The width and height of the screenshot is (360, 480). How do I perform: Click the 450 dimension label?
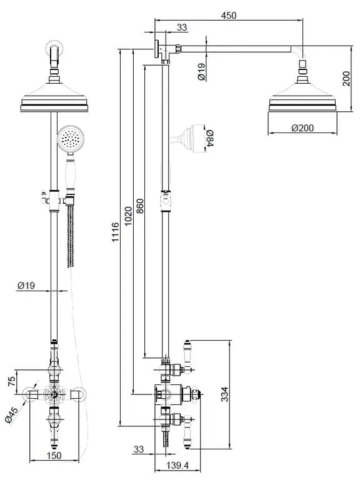229,15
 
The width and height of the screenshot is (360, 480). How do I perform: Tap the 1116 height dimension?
115,232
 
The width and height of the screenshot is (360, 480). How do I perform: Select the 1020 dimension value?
128,216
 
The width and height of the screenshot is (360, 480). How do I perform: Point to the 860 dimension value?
139,206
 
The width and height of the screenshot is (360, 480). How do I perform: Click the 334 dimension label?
225,394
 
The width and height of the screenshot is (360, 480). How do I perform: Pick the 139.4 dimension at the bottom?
177,466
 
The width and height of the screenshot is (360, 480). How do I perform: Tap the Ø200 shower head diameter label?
302,127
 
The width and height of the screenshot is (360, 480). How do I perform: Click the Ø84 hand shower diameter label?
210,138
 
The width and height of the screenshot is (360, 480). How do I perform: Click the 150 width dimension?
54,456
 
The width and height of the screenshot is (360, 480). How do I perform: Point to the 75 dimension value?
11,381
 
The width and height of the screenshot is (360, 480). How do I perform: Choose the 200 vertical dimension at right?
346,79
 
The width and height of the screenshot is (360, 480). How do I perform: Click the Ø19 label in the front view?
26,286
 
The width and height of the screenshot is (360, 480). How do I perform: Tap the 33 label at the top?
182,27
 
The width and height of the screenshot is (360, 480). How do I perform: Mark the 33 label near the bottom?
138,449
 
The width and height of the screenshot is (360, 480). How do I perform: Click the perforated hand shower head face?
70,139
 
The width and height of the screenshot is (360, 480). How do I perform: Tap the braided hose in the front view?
71,236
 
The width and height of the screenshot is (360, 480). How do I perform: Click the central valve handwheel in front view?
54,394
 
